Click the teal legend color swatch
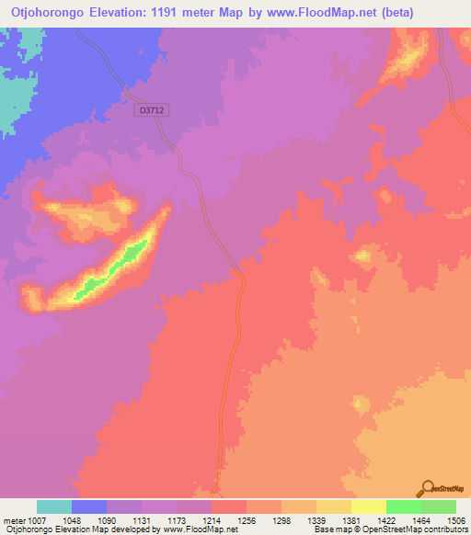54,507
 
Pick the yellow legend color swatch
368,507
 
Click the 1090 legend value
108,519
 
